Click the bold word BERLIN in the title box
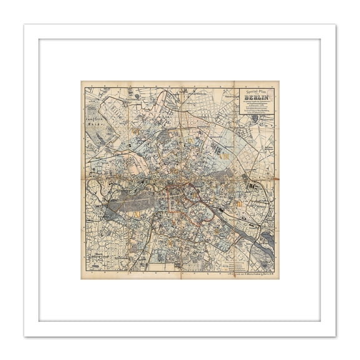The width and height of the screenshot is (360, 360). click(x=257, y=97)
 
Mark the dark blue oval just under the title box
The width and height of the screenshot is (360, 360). click(x=254, y=117)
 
